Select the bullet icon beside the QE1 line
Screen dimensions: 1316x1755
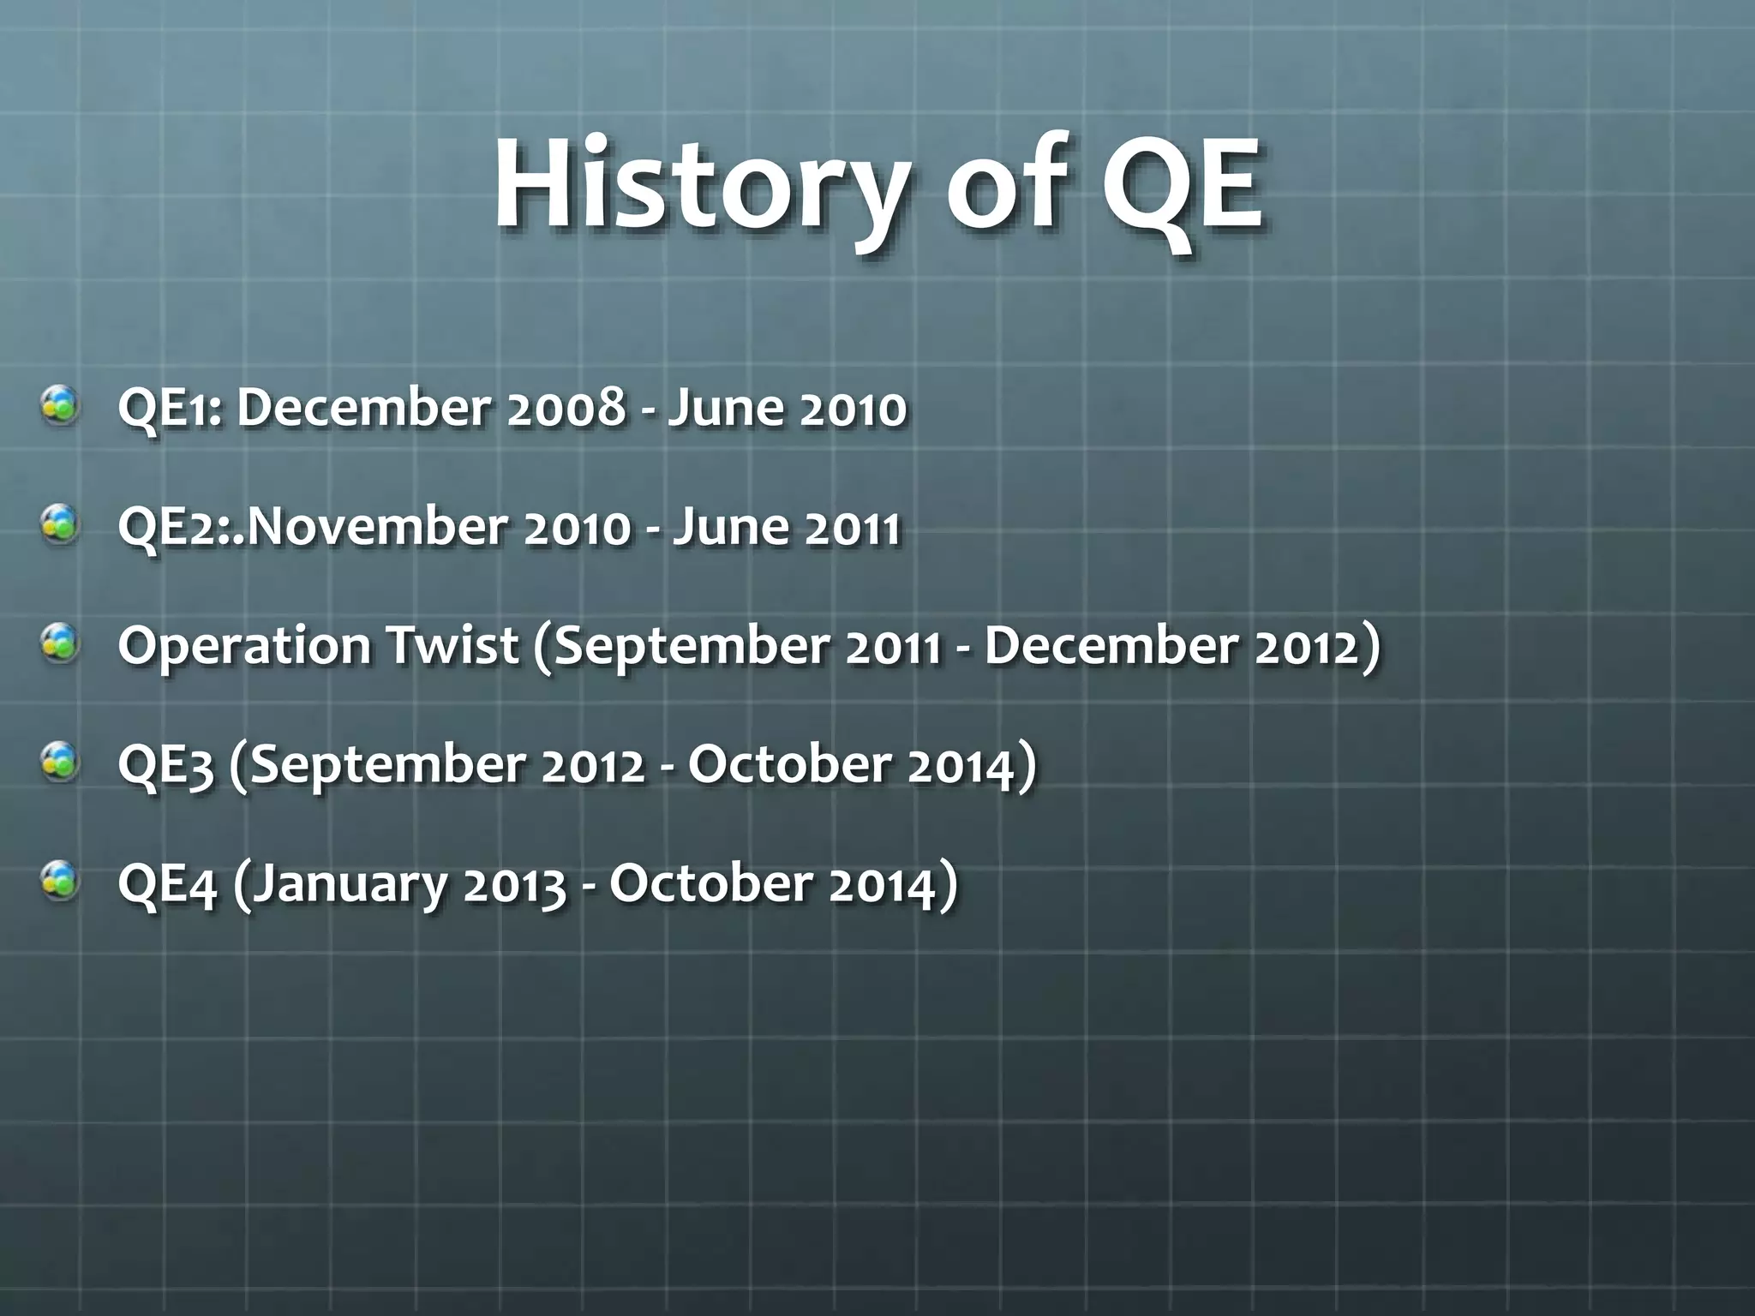tap(62, 407)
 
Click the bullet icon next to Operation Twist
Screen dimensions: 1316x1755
tap(62, 644)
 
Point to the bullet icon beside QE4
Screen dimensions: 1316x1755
tap(62, 882)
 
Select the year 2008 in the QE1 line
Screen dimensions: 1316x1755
tap(566, 409)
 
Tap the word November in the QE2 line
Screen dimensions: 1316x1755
tap(376, 527)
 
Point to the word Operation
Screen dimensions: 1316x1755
tap(244, 647)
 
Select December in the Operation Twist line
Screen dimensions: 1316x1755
tap(1110, 645)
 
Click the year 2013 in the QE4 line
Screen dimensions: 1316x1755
tap(514, 883)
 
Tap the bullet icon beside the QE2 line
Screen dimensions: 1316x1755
tap(62, 525)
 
